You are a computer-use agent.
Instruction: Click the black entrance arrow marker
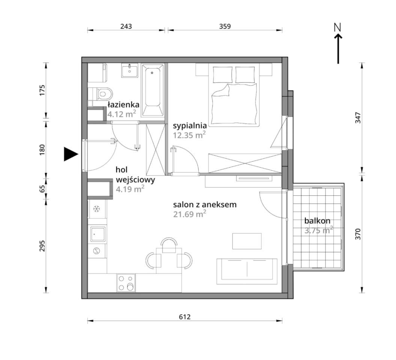point(71,154)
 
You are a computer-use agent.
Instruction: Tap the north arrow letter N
point(337,27)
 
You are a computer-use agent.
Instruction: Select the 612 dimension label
point(185,316)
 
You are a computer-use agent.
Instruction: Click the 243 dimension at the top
point(126,26)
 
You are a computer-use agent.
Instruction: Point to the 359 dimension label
point(225,26)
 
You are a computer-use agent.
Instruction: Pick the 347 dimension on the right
point(358,117)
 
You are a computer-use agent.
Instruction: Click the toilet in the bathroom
point(102,94)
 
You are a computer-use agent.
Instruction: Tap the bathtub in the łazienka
point(152,90)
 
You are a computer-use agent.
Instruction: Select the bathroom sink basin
point(129,70)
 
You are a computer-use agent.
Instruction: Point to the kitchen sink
point(98,234)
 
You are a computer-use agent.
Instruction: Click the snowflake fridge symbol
point(96,208)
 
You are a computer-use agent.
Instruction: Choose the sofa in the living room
point(247,271)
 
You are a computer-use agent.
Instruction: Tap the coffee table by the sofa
point(247,241)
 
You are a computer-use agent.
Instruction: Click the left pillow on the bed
point(223,75)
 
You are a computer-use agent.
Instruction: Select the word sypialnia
point(190,126)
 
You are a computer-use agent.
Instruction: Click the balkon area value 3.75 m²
point(319,230)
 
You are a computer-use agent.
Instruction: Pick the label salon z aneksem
point(205,204)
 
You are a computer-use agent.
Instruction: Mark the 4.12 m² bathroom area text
point(122,114)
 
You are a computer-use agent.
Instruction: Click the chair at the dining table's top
point(169,245)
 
